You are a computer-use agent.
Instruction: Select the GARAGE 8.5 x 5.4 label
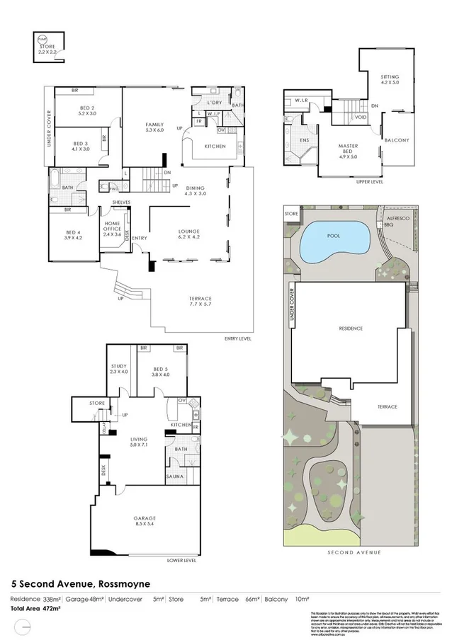(x=144, y=521)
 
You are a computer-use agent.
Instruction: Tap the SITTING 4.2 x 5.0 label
(x=390, y=79)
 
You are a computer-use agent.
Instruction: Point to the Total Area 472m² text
(x=35, y=607)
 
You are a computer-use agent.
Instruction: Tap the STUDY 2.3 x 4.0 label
(x=119, y=369)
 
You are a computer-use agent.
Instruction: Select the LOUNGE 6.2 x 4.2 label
(x=188, y=234)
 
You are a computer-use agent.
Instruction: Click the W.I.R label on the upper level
(x=300, y=100)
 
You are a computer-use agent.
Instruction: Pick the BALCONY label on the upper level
(x=396, y=140)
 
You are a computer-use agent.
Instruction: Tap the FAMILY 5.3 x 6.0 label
(x=154, y=127)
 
